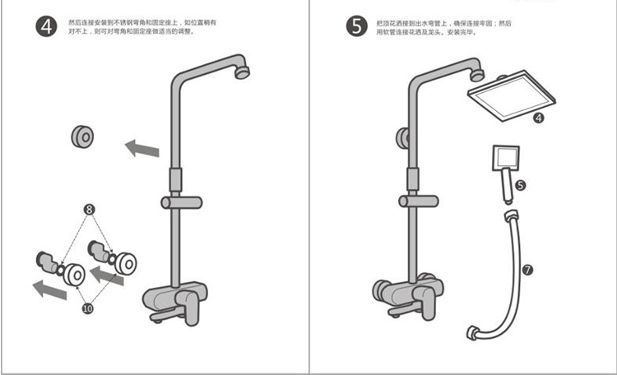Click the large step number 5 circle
(355, 26)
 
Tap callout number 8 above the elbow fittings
(88, 210)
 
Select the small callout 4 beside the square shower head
(538, 118)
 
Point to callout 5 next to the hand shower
(519, 186)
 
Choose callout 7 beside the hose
(527, 268)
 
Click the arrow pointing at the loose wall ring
(141, 149)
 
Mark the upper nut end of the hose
(509, 217)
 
